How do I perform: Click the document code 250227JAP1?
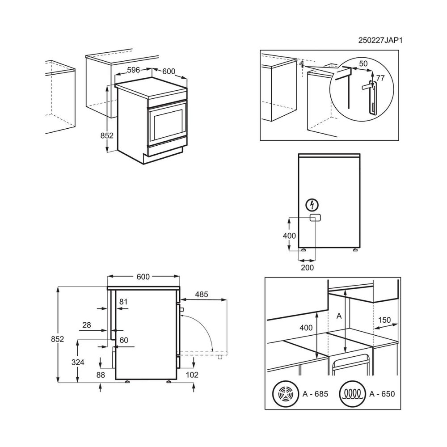click(380, 40)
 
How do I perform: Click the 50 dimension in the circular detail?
click(363, 63)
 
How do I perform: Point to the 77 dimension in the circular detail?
click(380, 78)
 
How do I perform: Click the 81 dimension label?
click(123, 302)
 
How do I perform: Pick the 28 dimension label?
click(87, 325)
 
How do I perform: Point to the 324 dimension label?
click(78, 362)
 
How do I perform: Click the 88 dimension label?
click(101, 375)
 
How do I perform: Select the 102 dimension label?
click(192, 375)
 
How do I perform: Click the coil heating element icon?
click(353, 394)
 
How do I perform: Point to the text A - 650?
click(382, 394)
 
